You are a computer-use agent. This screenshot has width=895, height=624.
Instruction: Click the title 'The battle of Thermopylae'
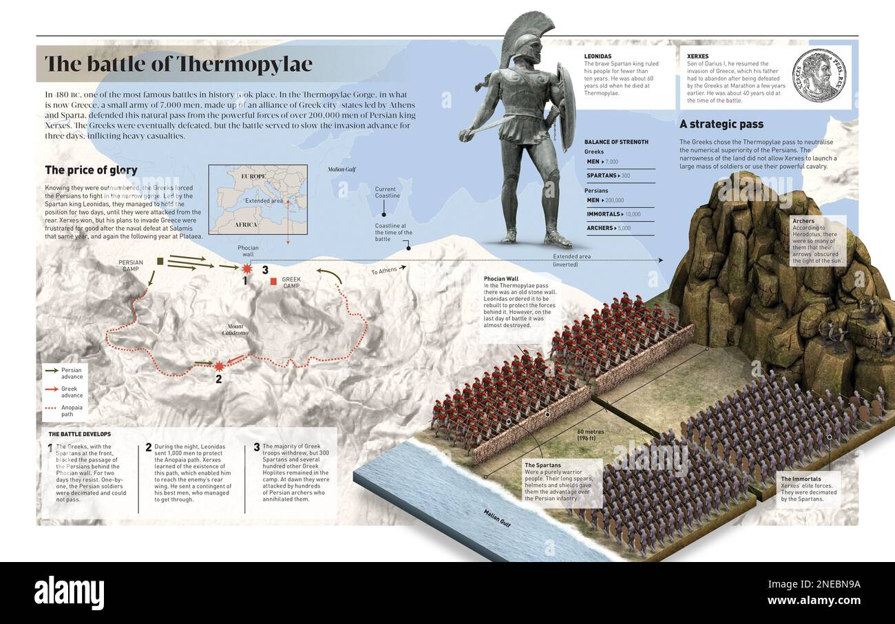tap(178, 64)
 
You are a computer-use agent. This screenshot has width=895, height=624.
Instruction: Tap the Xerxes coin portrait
tap(819, 75)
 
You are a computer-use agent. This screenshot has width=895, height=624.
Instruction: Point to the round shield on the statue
tap(566, 107)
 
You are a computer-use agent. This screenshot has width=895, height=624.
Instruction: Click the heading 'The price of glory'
tap(91, 170)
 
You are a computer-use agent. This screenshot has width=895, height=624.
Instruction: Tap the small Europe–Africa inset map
tap(258, 199)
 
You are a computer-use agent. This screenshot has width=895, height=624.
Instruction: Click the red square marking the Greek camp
tap(273, 282)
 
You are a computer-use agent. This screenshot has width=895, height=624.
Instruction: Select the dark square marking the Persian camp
tap(160, 261)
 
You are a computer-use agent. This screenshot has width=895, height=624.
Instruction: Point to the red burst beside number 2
tap(219, 366)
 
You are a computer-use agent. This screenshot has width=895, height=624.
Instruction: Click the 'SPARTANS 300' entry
tap(609, 176)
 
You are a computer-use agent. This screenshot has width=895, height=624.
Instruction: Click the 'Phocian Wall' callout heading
tap(501, 279)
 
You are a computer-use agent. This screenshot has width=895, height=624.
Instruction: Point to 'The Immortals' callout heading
tap(800, 479)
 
